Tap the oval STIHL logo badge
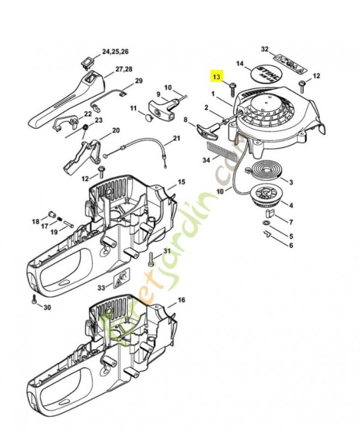point(268,75)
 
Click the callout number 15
point(181,182)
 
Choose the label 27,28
point(124,69)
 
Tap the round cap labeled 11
point(147,117)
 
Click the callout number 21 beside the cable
point(177,138)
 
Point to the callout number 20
point(115,130)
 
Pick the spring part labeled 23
point(86,128)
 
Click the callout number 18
point(35,222)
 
